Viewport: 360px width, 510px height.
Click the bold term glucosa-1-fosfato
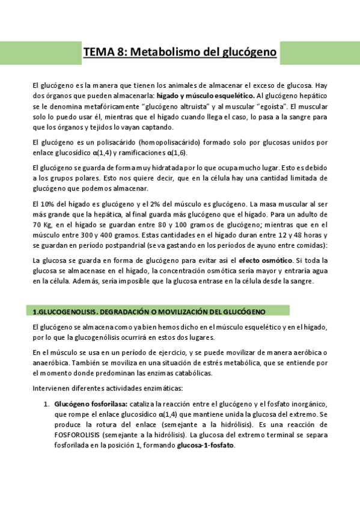point(205,445)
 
